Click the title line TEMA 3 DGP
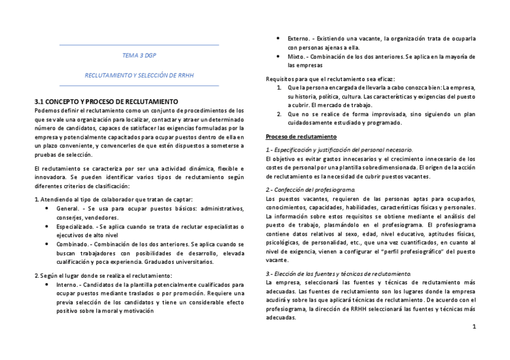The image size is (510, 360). point(139,55)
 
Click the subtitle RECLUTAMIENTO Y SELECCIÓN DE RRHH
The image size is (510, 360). point(139,76)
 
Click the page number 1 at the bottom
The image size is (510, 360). point(474,327)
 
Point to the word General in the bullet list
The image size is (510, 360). point(67,209)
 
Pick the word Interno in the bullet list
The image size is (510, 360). point(68,284)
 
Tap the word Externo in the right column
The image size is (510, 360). point(299,38)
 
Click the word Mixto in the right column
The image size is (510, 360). point(296,56)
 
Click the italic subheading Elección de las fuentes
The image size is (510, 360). point(338,273)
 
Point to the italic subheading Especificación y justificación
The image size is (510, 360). point(339,149)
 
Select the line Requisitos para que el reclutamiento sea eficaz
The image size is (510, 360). point(330,79)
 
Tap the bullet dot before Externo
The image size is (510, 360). point(279,38)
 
